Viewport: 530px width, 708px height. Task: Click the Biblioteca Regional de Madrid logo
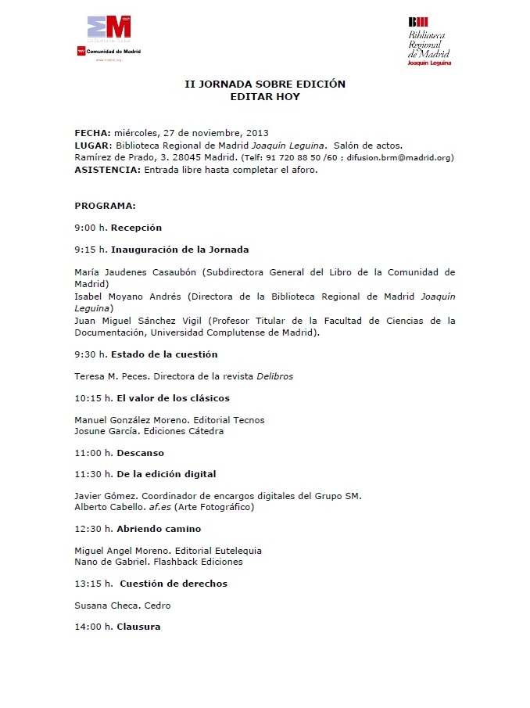pyautogui.click(x=429, y=41)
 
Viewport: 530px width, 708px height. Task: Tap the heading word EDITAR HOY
pyautogui.click(x=265, y=98)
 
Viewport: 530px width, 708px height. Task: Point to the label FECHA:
pyautogui.click(x=93, y=133)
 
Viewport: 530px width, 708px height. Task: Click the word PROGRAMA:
pyautogui.click(x=105, y=206)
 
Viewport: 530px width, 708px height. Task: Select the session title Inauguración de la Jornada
pyautogui.click(x=180, y=250)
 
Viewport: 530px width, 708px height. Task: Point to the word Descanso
pyautogui.click(x=140, y=453)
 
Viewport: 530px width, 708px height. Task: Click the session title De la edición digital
pyautogui.click(x=167, y=474)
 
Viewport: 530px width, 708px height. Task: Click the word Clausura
pyautogui.click(x=138, y=627)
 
